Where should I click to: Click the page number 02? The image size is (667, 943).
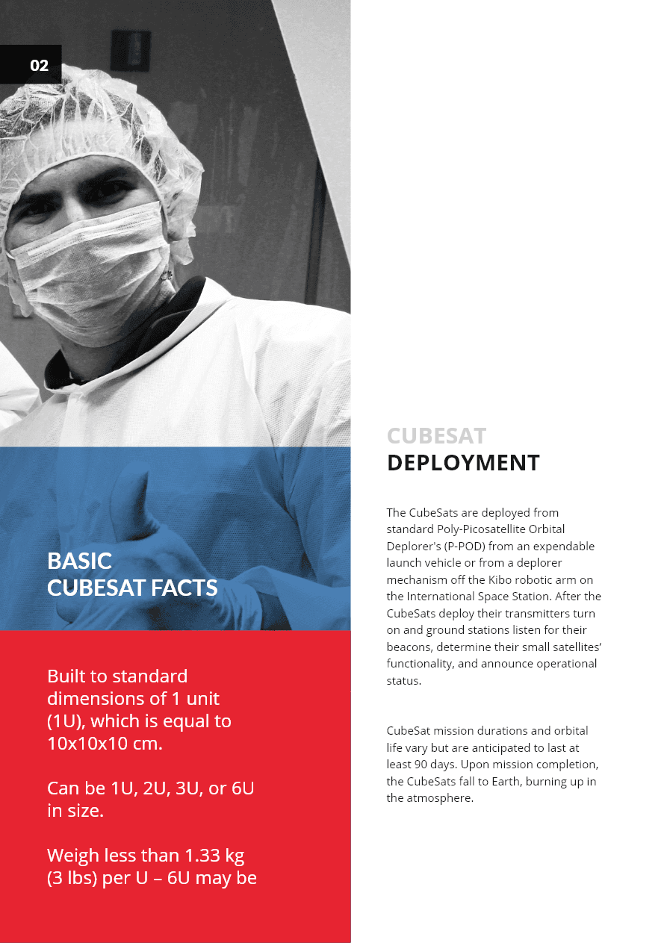pos(39,66)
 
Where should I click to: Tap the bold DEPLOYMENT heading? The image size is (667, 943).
pos(463,463)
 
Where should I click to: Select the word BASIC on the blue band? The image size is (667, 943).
pos(79,561)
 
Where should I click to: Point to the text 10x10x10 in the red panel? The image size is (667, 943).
pos(87,744)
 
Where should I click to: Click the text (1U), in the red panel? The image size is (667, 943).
pos(66,722)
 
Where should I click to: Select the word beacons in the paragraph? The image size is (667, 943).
pos(409,647)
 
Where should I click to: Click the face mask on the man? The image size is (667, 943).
pos(90,261)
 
